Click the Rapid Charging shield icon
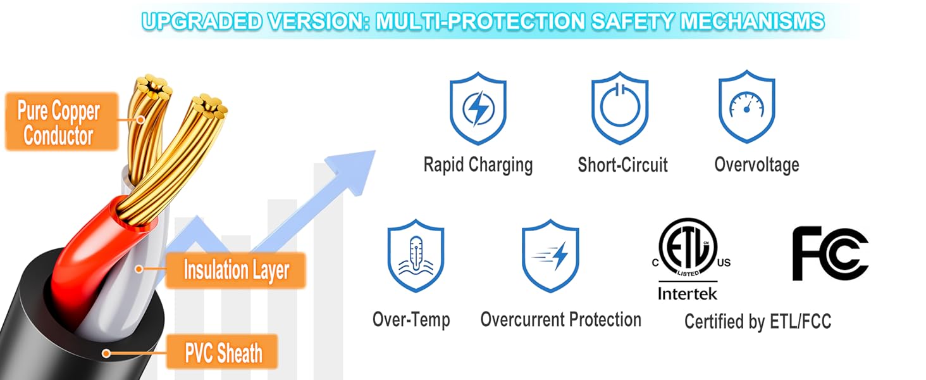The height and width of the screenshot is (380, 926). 478,108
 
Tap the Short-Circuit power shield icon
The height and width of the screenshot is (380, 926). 620,108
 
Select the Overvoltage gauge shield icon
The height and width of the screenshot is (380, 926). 747,107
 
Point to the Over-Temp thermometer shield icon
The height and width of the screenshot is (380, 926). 416,256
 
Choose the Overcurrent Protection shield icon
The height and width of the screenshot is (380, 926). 550,256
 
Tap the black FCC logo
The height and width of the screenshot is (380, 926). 830,253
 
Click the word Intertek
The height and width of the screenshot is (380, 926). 687,294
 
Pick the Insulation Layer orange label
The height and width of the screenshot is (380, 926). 236,270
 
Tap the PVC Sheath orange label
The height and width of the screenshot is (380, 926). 223,352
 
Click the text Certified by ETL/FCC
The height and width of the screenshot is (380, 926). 757,321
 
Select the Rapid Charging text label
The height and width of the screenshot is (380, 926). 478,165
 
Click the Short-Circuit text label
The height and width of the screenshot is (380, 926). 622,165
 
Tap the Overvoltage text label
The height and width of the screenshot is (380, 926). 756,165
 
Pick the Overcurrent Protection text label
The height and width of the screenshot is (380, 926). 560,319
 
